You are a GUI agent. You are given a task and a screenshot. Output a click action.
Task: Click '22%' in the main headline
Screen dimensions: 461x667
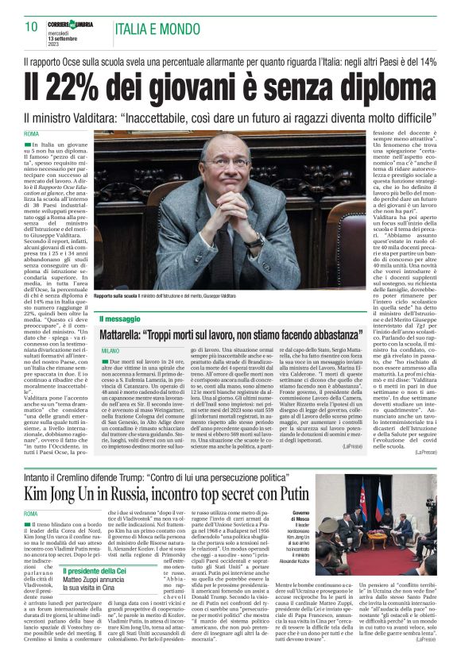pyautogui.click(x=69, y=83)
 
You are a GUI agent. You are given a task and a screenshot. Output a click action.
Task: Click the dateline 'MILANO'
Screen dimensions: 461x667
pyautogui.click(x=110, y=350)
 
